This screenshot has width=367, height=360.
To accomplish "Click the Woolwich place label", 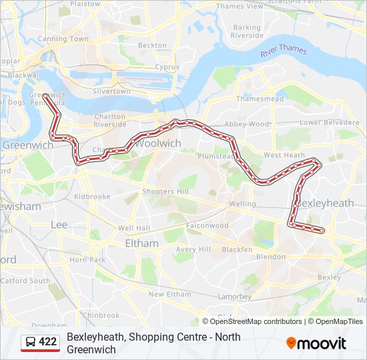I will tap(157, 143).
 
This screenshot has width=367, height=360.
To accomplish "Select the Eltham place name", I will tap(141, 243).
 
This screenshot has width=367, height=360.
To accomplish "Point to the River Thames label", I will tap(284, 51).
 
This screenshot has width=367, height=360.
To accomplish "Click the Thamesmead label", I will tap(255, 98).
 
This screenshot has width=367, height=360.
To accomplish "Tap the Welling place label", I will tap(242, 204).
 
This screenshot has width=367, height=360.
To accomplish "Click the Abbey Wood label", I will tap(247, 124).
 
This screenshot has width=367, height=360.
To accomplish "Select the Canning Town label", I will tap(63, 39).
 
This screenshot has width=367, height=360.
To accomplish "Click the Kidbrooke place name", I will tap(91, 197).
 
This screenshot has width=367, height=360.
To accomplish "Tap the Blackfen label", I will tap(237, 249).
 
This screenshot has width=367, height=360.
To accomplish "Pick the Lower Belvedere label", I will tap(329, 123).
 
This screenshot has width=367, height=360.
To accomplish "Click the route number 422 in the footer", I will tap(47, 342).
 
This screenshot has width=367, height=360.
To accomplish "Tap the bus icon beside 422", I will tap(31, 342).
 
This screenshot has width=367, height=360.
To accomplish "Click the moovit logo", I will tap(316, 343).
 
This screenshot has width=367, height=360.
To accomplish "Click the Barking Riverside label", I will tap(247, 31).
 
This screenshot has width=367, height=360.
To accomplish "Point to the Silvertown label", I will tap(111, 91).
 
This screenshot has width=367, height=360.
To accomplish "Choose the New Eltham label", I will tap(169, 294).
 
